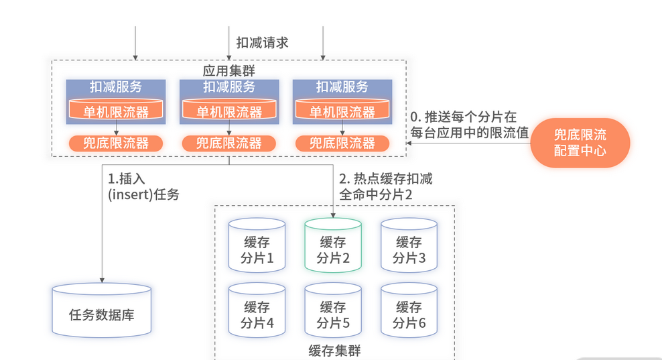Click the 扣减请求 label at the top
coord(262,42)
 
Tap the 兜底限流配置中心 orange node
coord(580,143)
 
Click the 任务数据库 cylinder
coord(102,310)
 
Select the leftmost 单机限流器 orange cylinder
coord(116,111)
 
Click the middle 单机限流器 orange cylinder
coord(229,111)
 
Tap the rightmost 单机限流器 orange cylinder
coord(342,111)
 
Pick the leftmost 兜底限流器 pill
coord(116,143)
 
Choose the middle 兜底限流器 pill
coord(229,143)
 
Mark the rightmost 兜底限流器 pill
coord(342,143)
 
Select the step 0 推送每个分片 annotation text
coord(468,124)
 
